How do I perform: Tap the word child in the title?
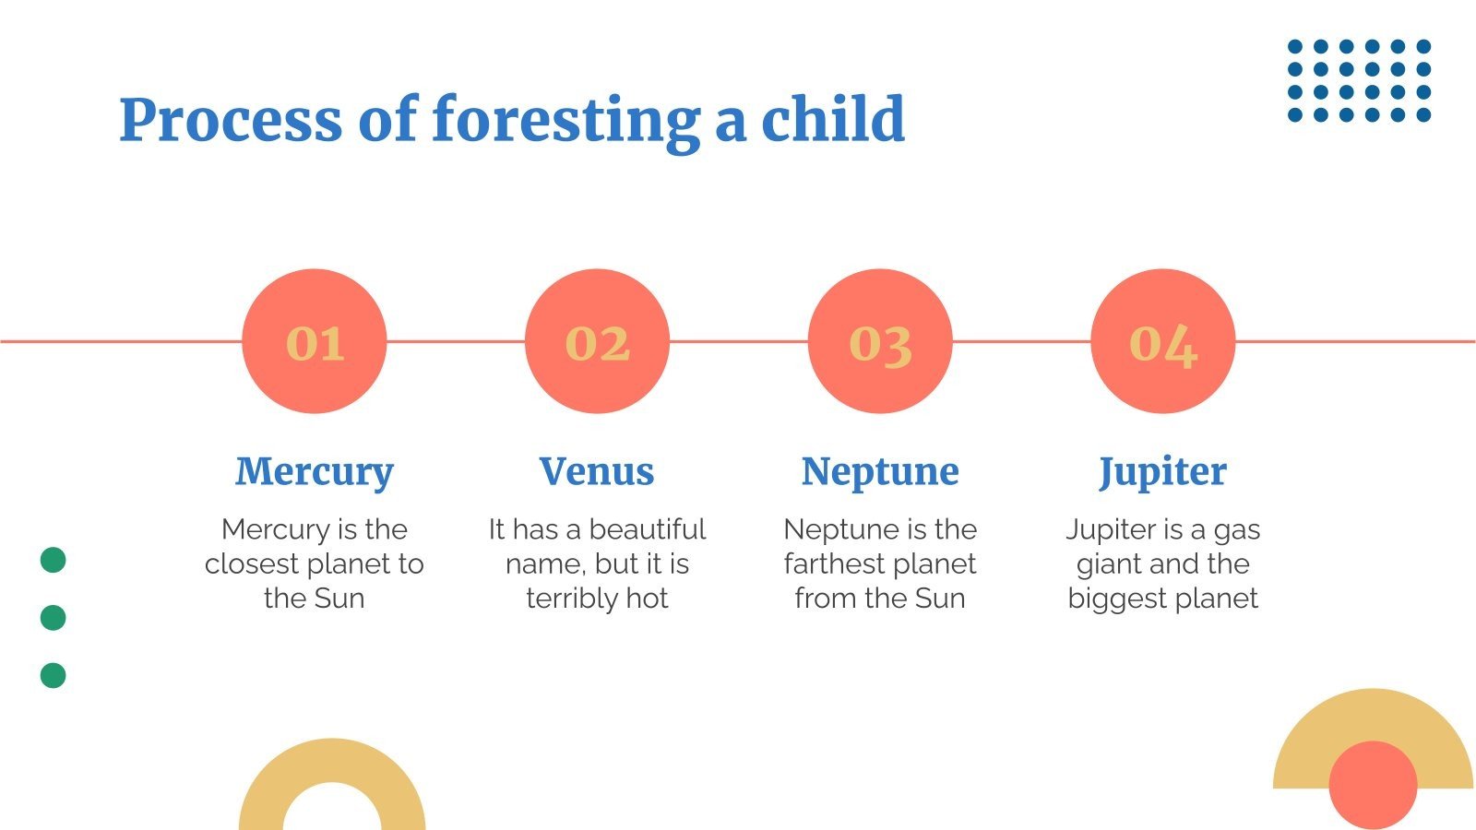[x=833, y=118]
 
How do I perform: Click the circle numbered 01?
[x=315, y=341]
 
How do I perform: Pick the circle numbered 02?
[x=597, y=341]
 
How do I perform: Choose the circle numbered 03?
[x=880, y=341]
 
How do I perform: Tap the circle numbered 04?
[x=1163, y=341]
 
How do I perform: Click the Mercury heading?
[x=315, y=472]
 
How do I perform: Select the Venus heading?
[x=597, y=471]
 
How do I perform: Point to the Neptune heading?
[x=880, y=472]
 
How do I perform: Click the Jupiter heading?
[x=1163, y=472]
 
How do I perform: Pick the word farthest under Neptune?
[x=827, y=563]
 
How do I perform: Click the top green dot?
[x=54, y=560]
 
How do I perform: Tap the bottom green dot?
[x=54, y=675]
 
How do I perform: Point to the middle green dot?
[x=54, y=618]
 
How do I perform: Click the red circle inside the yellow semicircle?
[x=1374, y=785]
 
